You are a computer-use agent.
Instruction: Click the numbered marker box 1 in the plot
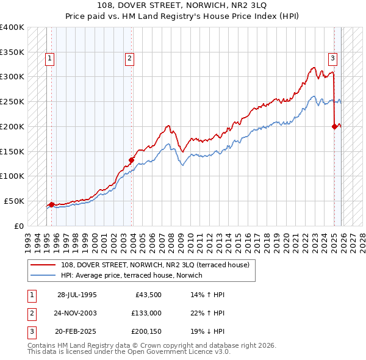coord(49,59)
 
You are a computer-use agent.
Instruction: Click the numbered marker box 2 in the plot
coord(130,59)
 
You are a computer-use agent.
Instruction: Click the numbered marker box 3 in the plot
coord(333,59)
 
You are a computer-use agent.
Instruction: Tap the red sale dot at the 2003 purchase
coord(131,160)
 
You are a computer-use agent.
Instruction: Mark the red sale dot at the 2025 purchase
coord(335,126)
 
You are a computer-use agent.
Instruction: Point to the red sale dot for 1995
coord(51,204)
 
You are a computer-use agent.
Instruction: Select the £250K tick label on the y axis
coord(12,101)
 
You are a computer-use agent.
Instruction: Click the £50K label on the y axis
coord(13,201)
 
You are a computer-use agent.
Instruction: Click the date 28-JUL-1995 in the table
coord(77,295)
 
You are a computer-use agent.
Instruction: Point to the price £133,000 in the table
coord(146,313)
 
